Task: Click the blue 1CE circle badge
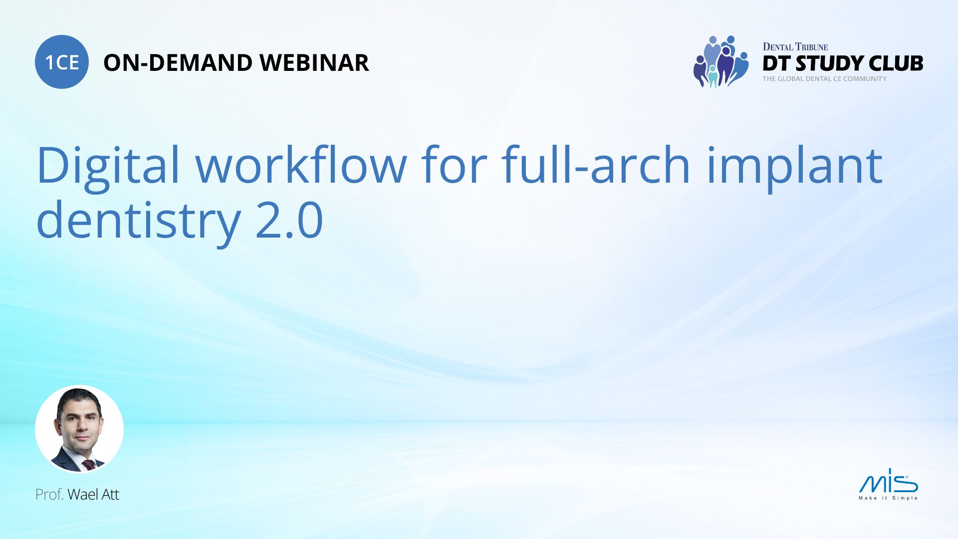point(62,62)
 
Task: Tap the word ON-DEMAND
point(177,63)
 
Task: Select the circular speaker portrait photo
point(79,429)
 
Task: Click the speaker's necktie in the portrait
point(89,465)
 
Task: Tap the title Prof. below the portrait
point(49,495)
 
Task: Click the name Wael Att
point(93,495)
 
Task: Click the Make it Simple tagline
point(888,498)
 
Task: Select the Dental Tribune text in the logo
point(795,47)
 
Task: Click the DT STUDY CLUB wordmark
point(843,63)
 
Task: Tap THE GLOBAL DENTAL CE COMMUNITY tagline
point(824,79)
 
